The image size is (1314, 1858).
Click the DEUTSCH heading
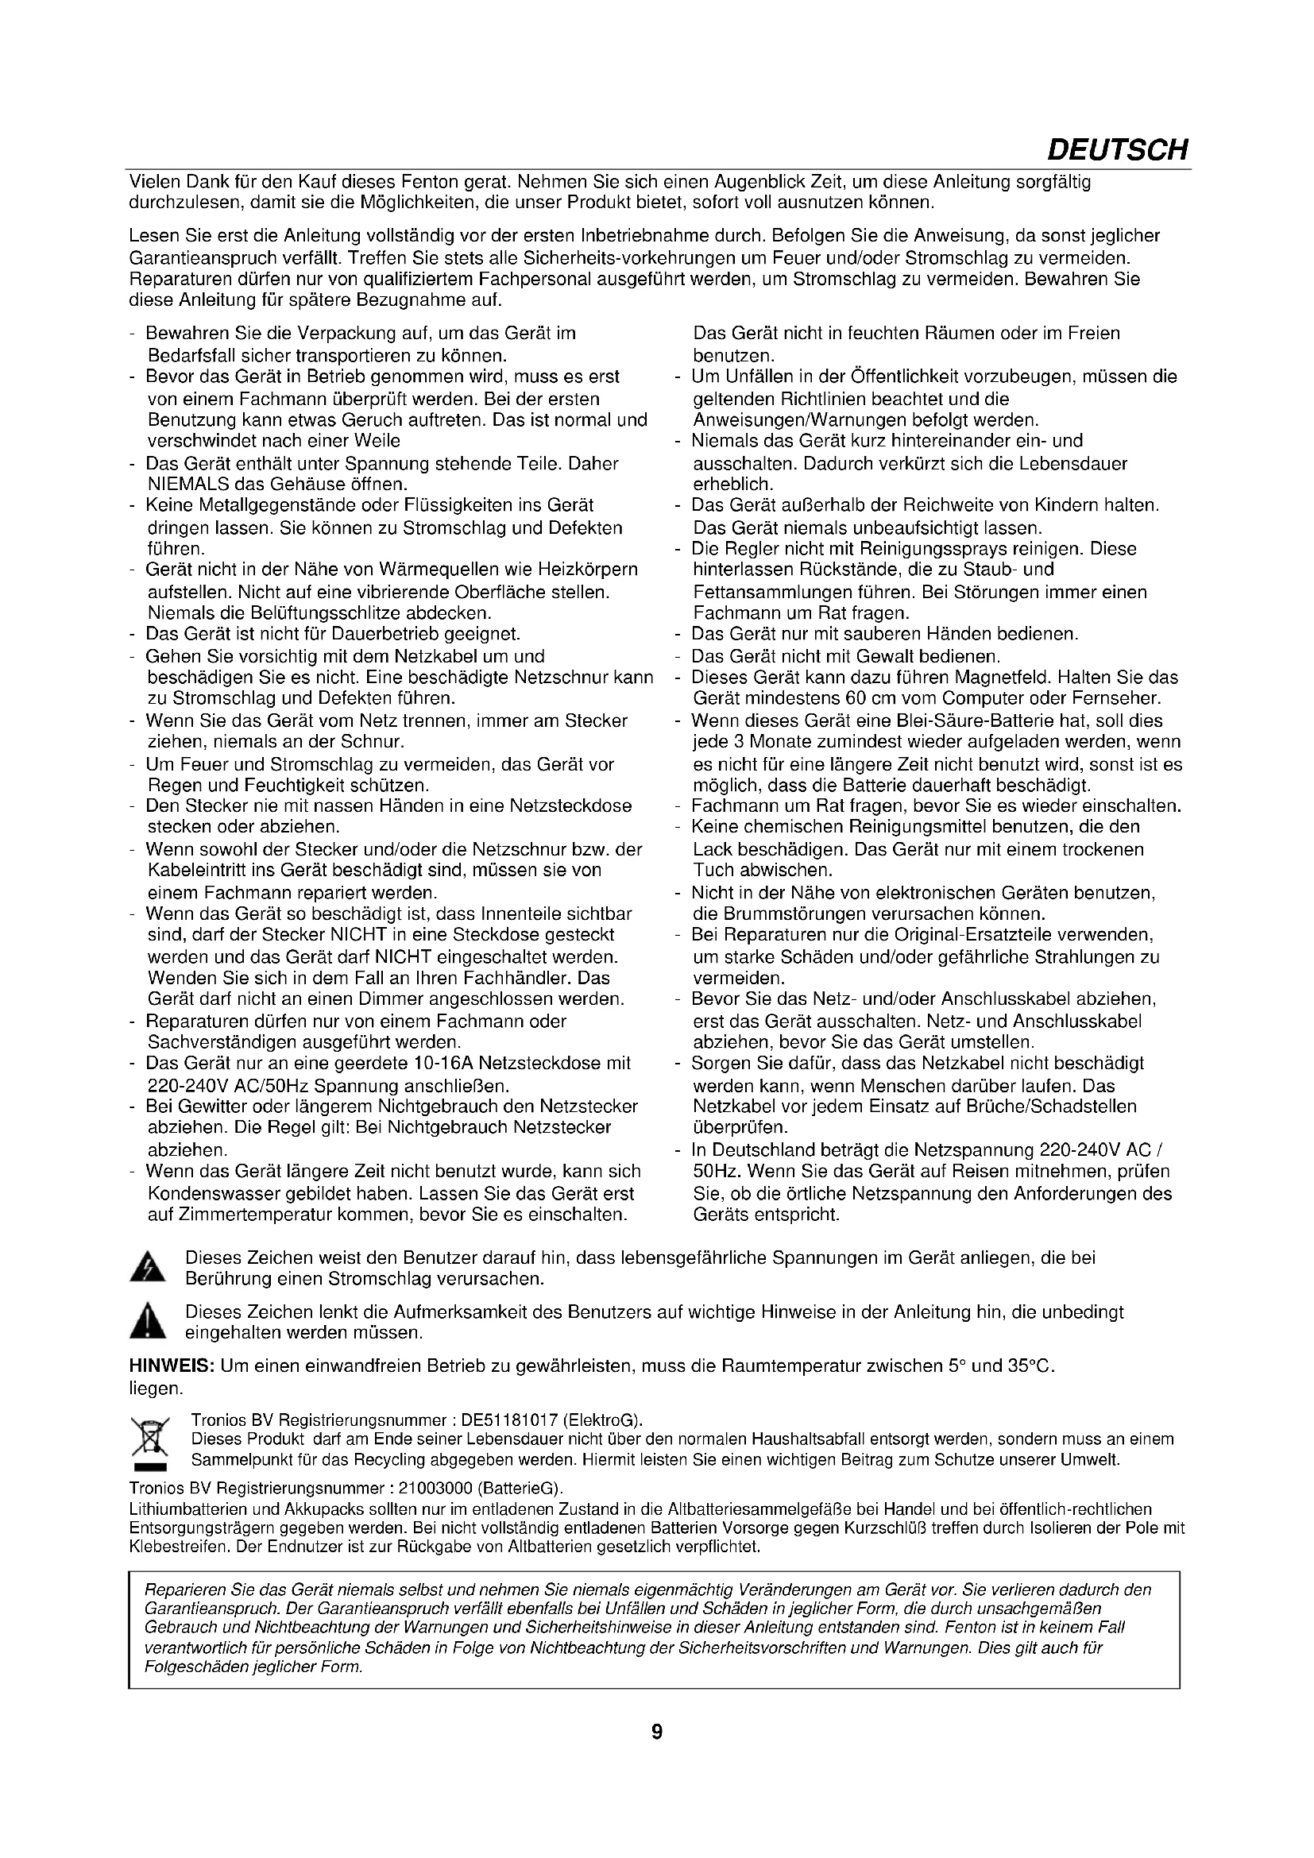tap(1118, 150)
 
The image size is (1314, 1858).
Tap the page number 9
tap(657, 1755)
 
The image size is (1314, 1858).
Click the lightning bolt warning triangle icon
tap(147, 1267)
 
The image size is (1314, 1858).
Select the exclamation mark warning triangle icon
tap(147, 1322)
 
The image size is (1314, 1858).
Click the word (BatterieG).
tap(520, 1489)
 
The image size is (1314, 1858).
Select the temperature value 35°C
tap(1031, 1367)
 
